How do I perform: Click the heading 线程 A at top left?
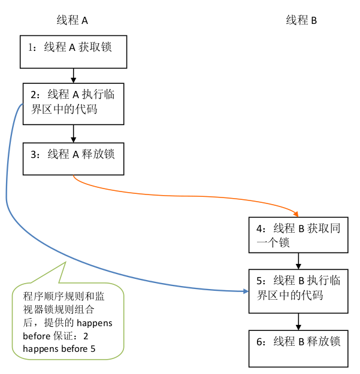pyautogui.click(x=72, y=20)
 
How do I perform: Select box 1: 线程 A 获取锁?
pyautogui.click(x=74, y=52)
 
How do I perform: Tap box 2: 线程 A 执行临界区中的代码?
pyautogui.click(x=74, y=103)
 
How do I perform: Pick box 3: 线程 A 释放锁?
pyautogui.click(x=74, y=158)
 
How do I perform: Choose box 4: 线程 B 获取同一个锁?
pyautogui.click(x=298, y=235)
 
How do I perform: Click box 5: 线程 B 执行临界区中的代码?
pyautogui.click(x=298, y=291)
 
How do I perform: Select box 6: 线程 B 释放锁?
pyautogui.click(x=298, y=348)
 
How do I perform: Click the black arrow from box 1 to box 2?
pyautogui.click(x=73, y=75)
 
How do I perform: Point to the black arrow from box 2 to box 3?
pyautogui.click(x=73, y=133)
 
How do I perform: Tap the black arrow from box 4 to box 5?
pyautogui.click(x=298, y=261)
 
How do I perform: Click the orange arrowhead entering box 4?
pyautogui.click(x=295, y=213)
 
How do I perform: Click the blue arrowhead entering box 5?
pyautogui.click(x=245, y=291)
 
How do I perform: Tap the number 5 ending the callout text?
pyautogui.click(x=93, y=349)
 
